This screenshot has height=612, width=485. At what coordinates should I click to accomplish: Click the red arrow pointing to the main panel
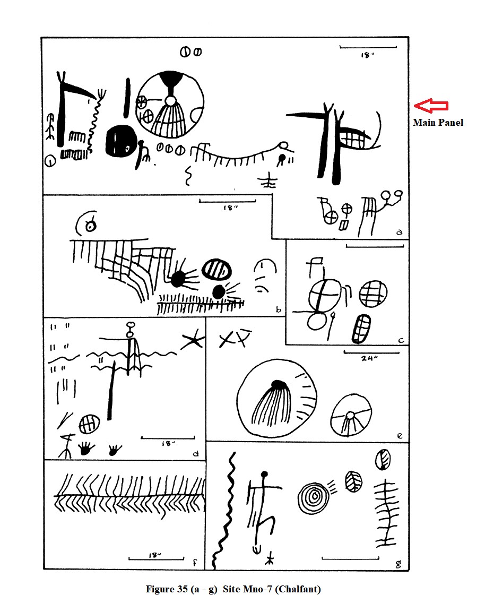pos(431,106)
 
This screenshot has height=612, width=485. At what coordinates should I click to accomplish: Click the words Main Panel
pos(438,123)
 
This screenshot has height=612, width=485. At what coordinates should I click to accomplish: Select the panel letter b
pos(278,310)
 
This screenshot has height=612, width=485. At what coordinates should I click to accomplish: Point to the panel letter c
pos(401,340)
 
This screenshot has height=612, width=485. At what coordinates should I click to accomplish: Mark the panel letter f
pos(195,562)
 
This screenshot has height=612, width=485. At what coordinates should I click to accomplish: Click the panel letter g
pos(399,564)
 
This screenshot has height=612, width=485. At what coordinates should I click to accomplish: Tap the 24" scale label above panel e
pos(368,358)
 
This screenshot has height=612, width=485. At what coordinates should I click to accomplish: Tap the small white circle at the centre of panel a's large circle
pos(170,101)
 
